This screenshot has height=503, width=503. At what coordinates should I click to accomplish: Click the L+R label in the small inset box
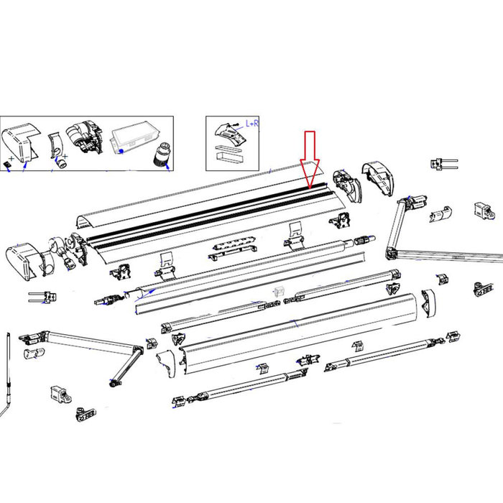[x=253, y=124]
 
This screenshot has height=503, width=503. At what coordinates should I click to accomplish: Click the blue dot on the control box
[x=123, y=152]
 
